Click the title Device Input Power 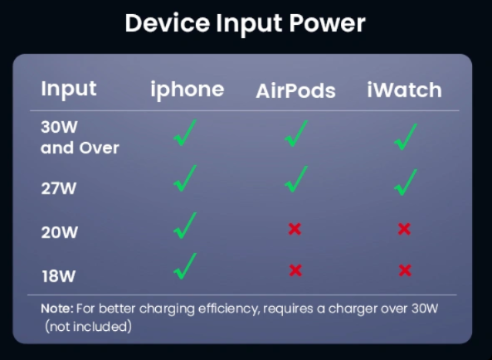pyautogui.click(x=245, y=24)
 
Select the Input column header pyautogui.click(x=69, y=89)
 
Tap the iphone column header pyautogui.click(x=188, y=90)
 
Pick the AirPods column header pyautogui.click(x=295, y=91)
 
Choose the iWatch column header pyautogui.click(x=404, y=90)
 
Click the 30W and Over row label pyautogui.click(x=80, y=138)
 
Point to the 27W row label pyautogui.click(x=59, y=188)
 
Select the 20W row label pyautogui.click(x=59, y=232)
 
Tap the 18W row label pyautogui.click(x=59, y=276)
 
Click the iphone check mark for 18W pyautogui.click(x=185, y=266)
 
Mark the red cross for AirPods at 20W pyautogui.click(x=295, y=229)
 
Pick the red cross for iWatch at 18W pyautogui.click(x=405, y=270)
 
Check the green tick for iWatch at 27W pyautogui.click(x=406, y=182)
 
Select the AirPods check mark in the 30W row pyautogui.click(x=296, y=134)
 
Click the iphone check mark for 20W pyautogui.click(x=185, y=226)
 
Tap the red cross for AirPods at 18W pyautogui.click(x=295, y=270)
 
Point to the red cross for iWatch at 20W pyautogui.click(x=404, y=229)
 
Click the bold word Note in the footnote pyautogui.click(x=57, y=309)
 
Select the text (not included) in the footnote pyautogui.click(x=88, y=327)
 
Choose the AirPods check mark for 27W pyautogui.click(x=296, y=179)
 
